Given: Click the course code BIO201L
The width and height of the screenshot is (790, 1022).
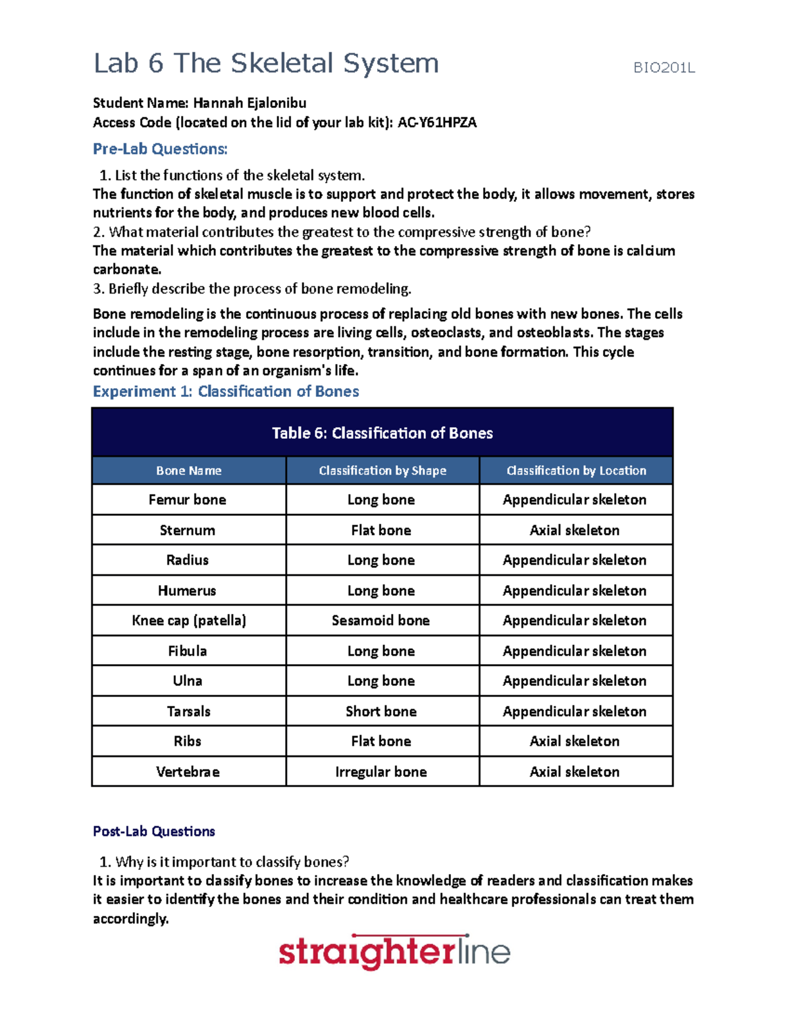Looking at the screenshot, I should click(x=664, y=68).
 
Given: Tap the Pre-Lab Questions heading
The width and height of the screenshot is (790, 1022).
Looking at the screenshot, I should click(x=160, y=149).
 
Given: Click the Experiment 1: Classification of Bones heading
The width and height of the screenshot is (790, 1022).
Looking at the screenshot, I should click(x=226, y=392).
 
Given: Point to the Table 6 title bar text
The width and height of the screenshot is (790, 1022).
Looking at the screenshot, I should click(x=382, y=433).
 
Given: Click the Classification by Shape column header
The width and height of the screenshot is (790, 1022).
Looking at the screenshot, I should click(x=382, y=471).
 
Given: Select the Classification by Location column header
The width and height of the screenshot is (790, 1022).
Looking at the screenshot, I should click(x=575, y=471).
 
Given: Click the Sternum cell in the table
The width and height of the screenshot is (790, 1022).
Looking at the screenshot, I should click(x=188, y=530).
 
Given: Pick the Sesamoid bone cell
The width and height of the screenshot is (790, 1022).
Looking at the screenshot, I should click(x=381, y=621).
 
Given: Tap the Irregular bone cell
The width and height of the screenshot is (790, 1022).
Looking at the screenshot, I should click(x=381, y=772).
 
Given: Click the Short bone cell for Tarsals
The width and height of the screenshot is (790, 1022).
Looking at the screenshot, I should click(x=381, y=711).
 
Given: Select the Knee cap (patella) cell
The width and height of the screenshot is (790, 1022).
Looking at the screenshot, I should click(x=189, y=621).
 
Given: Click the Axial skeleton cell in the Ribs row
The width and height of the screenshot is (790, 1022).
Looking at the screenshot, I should click(x=574, y=742).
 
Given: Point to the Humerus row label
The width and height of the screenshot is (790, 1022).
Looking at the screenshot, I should click(x=187, y=591).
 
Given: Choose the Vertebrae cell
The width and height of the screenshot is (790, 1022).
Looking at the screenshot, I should click(x=188, y=772).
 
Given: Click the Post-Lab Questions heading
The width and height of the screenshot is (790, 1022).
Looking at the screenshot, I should click(x=154, y=831).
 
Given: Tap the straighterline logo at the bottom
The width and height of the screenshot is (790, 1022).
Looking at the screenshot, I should click(x=394, y=952).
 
